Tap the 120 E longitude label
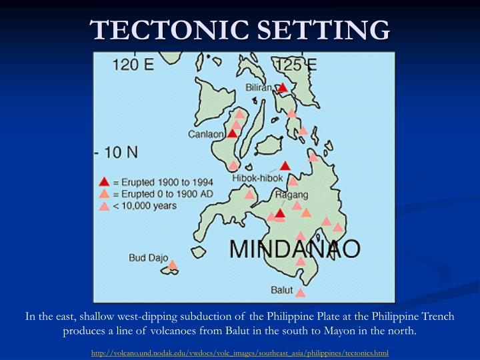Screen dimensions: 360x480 coord(133,65)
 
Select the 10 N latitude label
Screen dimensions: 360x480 coord(117,152)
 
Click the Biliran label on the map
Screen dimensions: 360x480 coord(258,87)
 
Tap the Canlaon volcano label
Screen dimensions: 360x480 coord(207,134)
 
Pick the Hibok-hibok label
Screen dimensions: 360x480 coord(253,178)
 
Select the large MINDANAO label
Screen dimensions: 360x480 coord(295,249)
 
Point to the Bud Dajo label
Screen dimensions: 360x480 coord(148,257)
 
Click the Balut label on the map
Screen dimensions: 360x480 coord(282,289)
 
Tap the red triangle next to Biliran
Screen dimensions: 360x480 coord(283,87)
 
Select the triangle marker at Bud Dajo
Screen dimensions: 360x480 coord(172,265)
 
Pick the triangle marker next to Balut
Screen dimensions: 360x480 coord(300,292)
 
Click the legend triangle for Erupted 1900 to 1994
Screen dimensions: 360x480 coord(104,182)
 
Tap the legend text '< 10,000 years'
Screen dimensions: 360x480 coord(144,206)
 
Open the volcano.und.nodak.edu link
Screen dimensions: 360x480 coord(240,352)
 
